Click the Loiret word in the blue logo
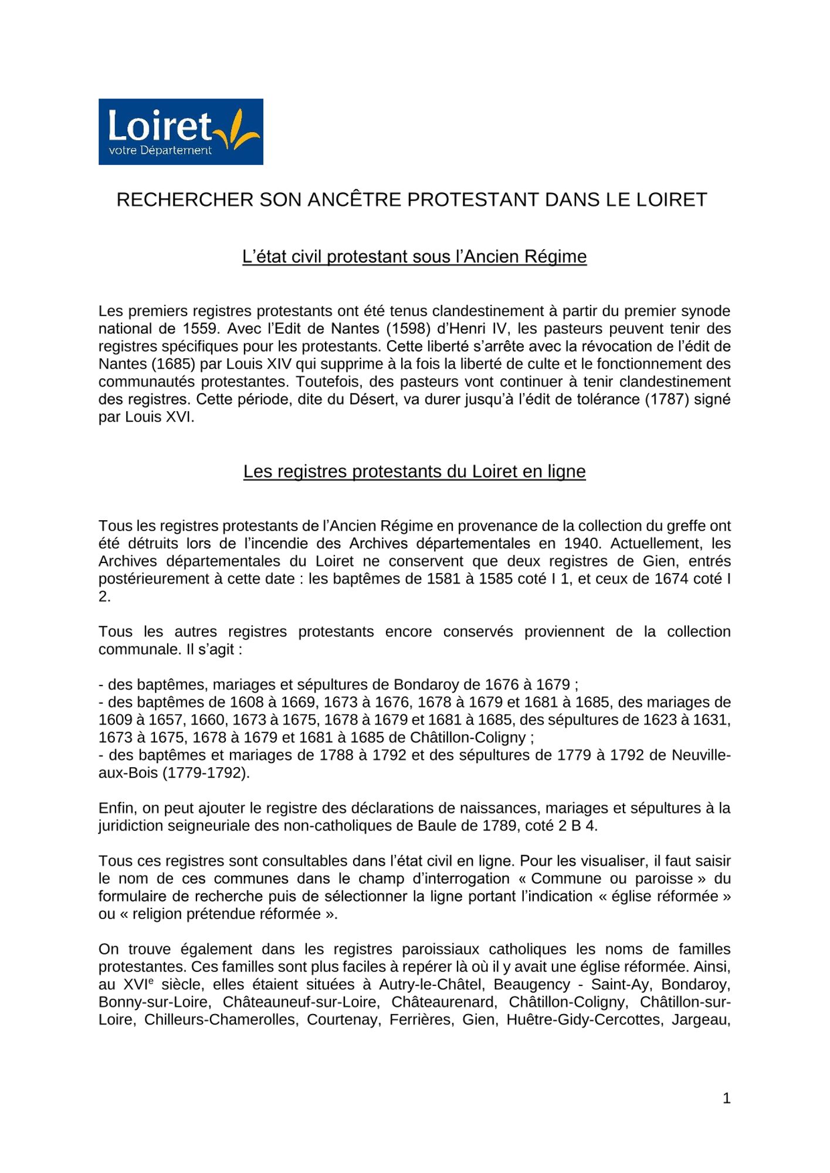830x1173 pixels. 160,126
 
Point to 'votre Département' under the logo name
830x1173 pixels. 160,151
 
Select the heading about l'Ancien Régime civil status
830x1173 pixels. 414,257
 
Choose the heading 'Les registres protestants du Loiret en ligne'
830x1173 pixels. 414,472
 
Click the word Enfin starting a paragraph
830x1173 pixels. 117,808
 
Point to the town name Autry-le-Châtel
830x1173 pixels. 430,985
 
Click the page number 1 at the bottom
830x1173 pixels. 726,1099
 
